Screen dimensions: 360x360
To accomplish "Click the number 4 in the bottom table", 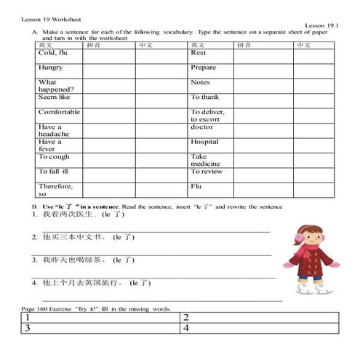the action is click(188, 329).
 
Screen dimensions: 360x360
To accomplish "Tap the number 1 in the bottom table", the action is click(27, 318).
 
